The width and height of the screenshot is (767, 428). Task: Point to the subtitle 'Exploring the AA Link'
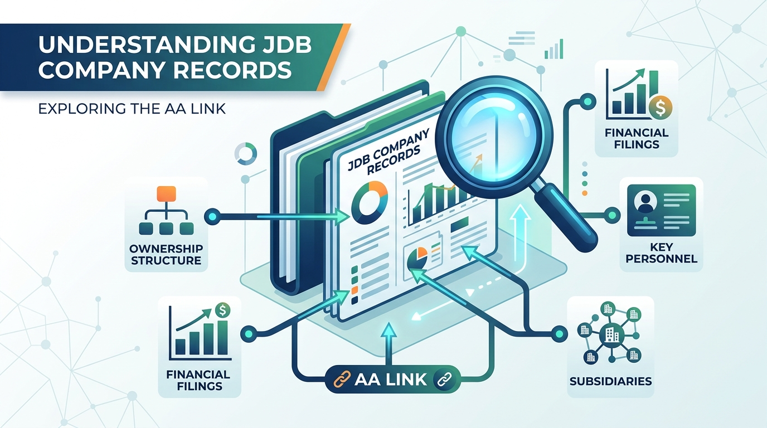click(132, 109)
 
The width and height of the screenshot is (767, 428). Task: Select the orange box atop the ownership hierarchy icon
click(166, 194)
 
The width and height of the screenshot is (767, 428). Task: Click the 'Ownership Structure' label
click(166, 254)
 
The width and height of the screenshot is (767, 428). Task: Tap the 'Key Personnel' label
click(661, 252)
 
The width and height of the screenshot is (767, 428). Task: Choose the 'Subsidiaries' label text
click(610, 381)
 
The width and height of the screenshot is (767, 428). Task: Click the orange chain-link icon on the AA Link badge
click(342, 380)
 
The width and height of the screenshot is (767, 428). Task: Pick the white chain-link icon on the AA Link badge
click(444, 380)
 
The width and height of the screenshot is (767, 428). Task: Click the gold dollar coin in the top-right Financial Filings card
click(661, 108)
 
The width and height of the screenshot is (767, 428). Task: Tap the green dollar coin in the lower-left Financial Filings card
click(222, 310)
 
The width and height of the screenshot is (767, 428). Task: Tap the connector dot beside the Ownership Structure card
click(212, 216)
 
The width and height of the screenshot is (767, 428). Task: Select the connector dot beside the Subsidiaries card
click(560, 334)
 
